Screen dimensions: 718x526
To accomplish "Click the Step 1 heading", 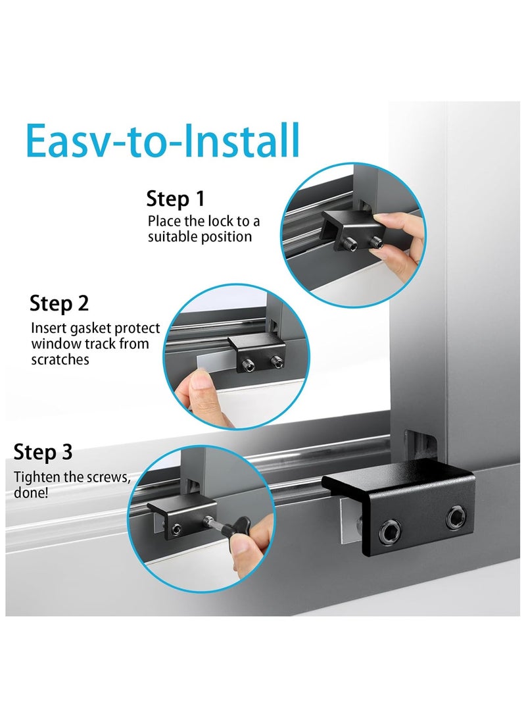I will click(x=175, y=199).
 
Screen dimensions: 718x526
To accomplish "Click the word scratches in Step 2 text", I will click(x=60, y=360).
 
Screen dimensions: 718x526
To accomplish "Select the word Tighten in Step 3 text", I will click(x=36, y=477).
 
